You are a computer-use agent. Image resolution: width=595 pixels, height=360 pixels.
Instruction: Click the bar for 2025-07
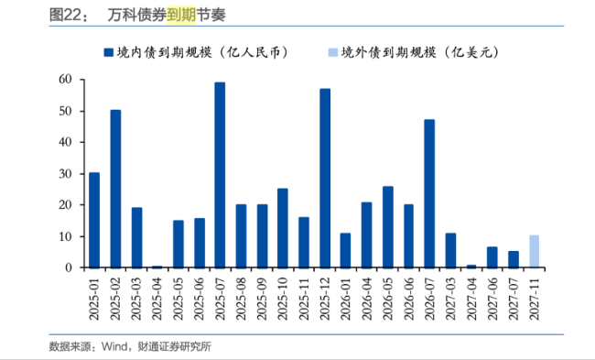(220, 175)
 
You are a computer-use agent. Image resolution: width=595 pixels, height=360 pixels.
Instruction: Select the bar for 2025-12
(325, 178)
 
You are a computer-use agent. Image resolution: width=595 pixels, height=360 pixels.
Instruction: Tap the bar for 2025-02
(115, 189)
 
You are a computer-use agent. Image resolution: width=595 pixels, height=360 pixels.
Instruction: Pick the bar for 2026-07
(429, 193)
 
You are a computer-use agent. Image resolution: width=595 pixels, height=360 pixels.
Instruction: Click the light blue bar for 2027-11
(535, 252)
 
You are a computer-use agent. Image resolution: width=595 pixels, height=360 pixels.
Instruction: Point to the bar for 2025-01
(94, 220)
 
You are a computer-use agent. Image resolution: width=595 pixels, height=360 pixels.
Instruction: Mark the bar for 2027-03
(450, 250)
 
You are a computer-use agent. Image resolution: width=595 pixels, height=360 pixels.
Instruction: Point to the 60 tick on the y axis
(65, 81)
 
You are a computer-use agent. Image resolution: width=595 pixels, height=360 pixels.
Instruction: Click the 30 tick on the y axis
(65, 174)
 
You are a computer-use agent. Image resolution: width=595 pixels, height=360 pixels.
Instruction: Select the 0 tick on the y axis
(69, 267)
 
